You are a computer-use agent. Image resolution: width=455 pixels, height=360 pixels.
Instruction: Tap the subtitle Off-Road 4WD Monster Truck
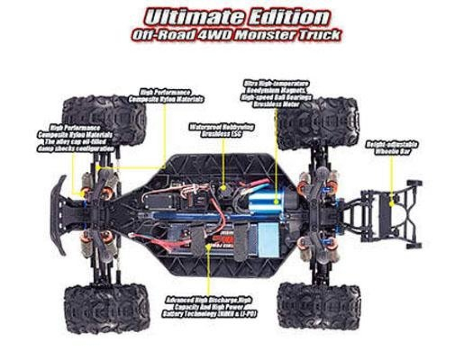tap(235, 35)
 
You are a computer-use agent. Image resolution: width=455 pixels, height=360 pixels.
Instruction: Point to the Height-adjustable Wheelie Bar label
tap(392, 148)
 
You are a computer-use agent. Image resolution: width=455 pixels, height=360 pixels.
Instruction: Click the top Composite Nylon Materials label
tap(166, 96)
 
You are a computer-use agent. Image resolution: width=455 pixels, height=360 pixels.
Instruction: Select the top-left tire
tap(105, 119)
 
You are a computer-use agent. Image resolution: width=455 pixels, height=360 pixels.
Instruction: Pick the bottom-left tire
tap(106, 307)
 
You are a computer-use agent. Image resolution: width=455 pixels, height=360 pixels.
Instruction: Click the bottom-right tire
tap(318, 305)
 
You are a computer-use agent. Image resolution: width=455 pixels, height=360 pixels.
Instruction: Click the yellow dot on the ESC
tap(223, 187)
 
